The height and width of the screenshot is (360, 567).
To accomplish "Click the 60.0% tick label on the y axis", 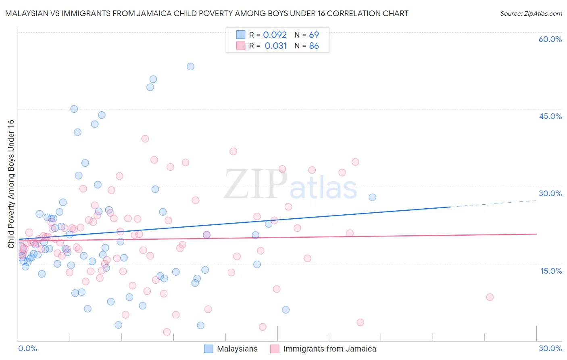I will click(550, 39).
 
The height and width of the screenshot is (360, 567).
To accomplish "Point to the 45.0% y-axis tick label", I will click(550, 116).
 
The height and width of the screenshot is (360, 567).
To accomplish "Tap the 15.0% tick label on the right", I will click(551, 271).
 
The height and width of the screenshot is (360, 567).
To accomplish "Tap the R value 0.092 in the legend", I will click(275, 35).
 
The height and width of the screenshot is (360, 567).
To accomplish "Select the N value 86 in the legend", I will click(314, 46).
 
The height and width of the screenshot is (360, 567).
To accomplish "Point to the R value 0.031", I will click(275, 46).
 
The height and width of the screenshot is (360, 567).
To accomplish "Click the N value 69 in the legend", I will click(314, 35).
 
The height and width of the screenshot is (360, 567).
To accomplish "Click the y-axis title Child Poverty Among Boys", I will click(11, 184).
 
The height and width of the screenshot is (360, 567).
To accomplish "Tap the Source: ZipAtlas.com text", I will click(531, 14).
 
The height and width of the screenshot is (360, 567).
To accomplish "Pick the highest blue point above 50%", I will click(190, 67).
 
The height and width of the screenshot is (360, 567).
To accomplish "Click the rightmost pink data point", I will click(490, 297).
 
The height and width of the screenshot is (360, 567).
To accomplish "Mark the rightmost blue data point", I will click(372, 197).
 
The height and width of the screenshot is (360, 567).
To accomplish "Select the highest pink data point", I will click(145, 139).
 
